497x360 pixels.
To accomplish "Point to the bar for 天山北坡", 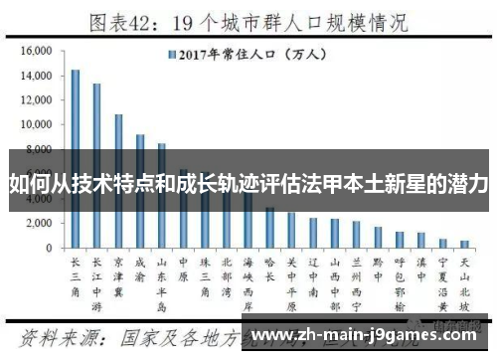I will [464, 243].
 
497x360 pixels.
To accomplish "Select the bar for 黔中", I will [378, 237].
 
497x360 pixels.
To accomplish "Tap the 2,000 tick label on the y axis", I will [39, 222].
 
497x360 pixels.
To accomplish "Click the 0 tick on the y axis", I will [47, 247].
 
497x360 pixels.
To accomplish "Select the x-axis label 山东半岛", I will [162, 280].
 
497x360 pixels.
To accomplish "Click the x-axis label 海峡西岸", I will [248, 280].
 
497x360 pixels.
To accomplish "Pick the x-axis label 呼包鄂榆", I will [400, 280].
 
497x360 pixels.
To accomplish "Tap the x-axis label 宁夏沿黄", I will [442, 280].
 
